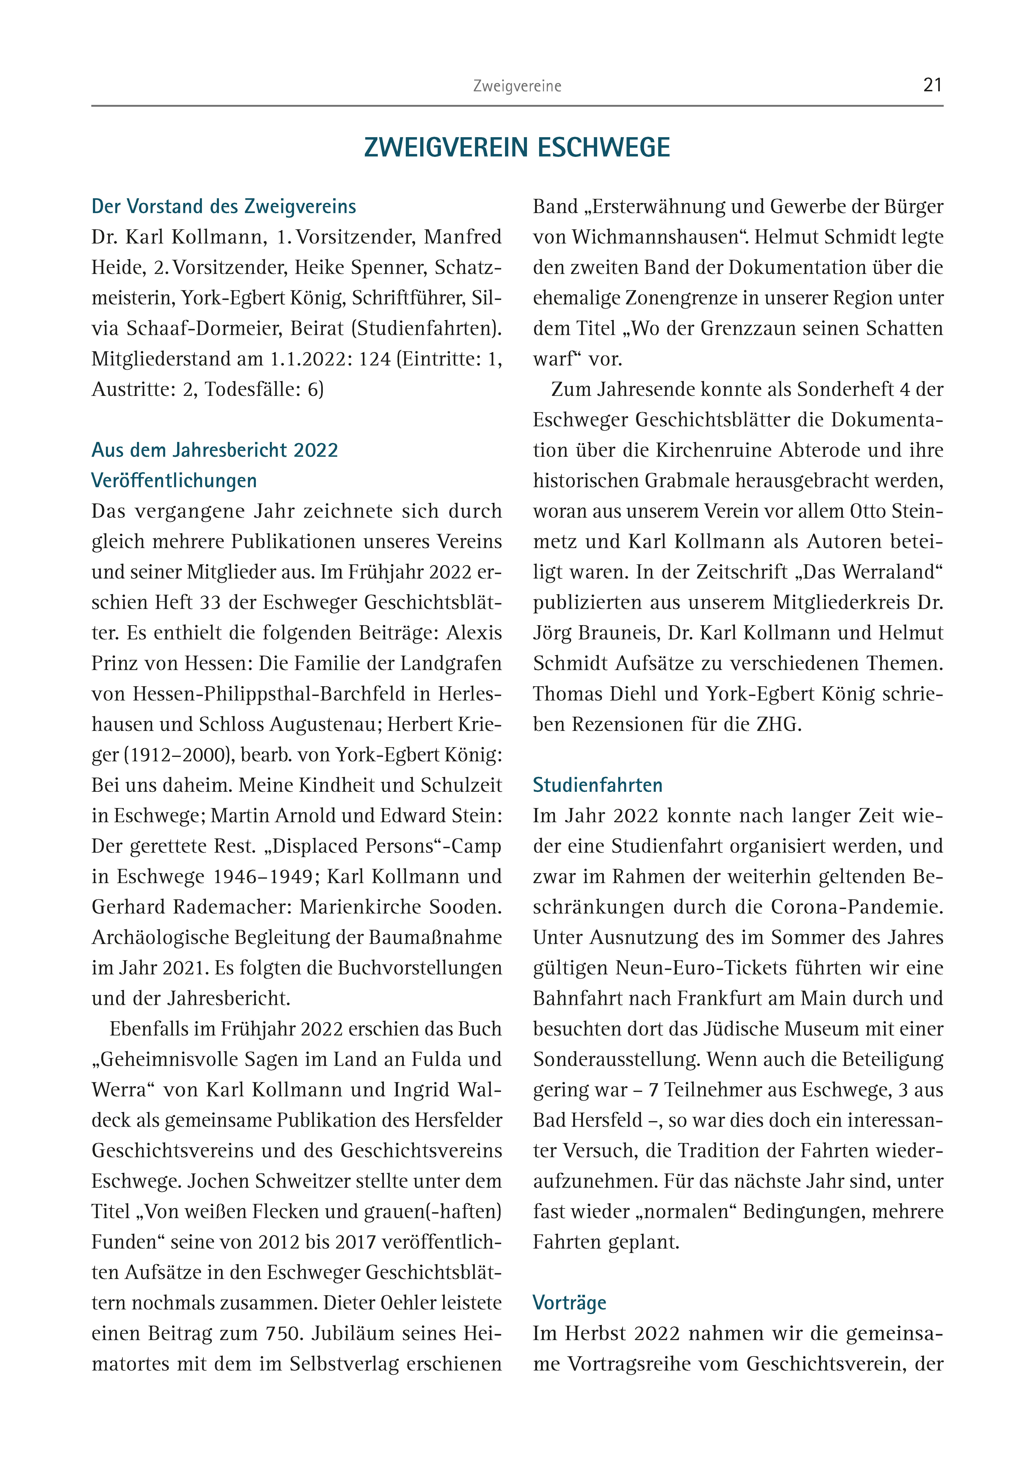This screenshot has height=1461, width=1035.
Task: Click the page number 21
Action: pyautogui.click(x=932, y=85)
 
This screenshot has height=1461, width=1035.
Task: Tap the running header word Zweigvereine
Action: pyautogui.click(x=517, y=86)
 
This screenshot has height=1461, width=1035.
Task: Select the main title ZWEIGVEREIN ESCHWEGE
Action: pyautogui.click(x=517, y=148)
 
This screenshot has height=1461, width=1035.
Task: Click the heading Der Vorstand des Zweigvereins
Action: pyautogui.click(x=224, y=207)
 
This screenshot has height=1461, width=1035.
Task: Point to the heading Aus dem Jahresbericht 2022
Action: pyautogui.click(x=215, y=450)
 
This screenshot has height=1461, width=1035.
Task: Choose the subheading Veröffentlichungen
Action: pyautogui.click(x=174, y=481)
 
